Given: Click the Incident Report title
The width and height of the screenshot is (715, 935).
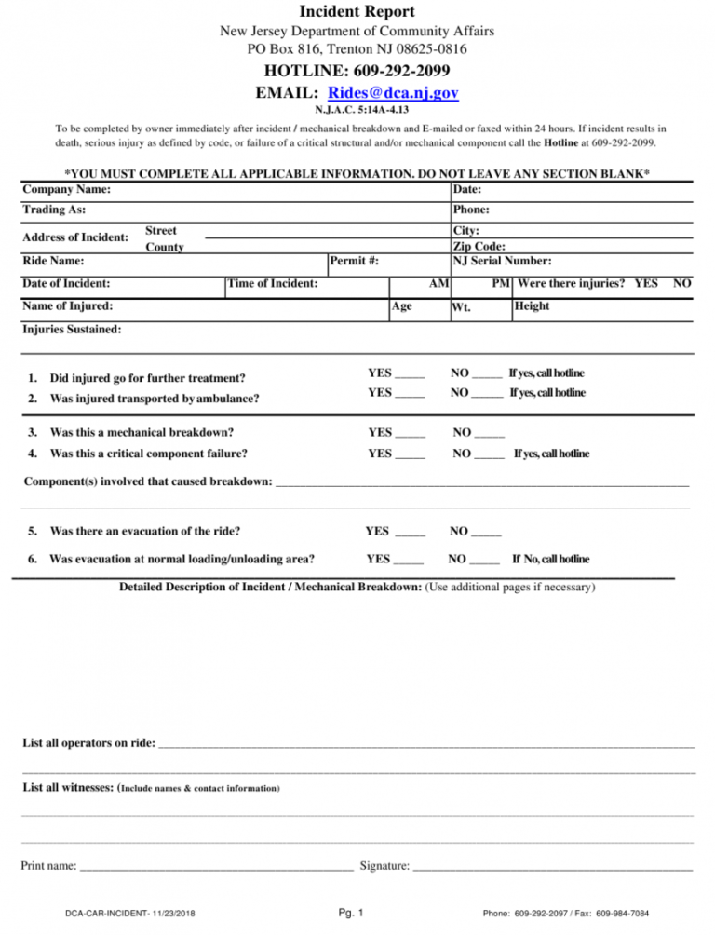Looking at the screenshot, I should [x=357, y=12].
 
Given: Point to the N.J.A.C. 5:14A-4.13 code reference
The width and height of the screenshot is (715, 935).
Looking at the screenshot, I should [x=357, y=110].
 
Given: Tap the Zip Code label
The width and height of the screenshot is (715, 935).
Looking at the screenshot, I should [x=479, y=247].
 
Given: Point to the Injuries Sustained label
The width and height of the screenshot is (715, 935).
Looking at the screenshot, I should [x=71, y=329].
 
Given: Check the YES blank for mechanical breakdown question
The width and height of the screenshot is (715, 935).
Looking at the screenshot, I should [x=410, y=432].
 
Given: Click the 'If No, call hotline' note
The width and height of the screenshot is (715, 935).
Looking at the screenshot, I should [x=550, y=559].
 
